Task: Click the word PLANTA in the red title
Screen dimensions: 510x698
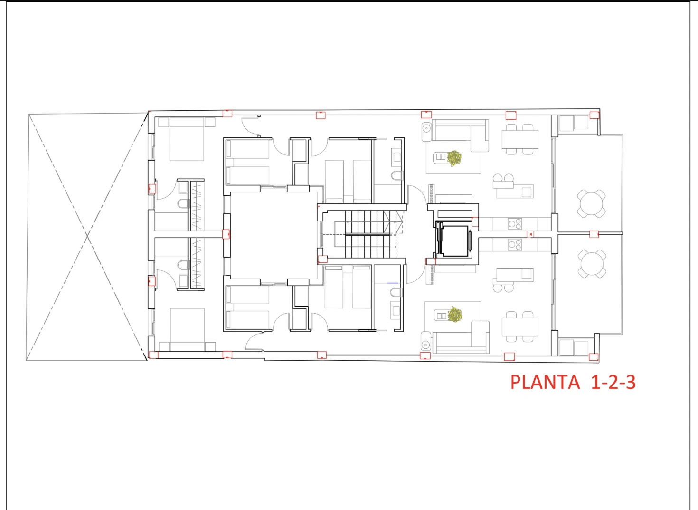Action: click(x=545, y=383)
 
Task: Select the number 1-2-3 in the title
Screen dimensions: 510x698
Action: click(x=613, y=383)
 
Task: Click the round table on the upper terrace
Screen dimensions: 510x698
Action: click(x=592, y=204)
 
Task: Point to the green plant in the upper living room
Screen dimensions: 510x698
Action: click(x=454, y=158)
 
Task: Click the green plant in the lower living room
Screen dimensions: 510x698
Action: click(x=455, y=314)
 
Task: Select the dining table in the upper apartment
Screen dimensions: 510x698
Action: click(x=520, y=139)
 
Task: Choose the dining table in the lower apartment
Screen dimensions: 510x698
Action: click(x=520, y=327)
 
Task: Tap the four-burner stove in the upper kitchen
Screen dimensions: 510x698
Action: click(x=515, y=223)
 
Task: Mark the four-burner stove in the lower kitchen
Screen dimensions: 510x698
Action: click(x=515, y=245)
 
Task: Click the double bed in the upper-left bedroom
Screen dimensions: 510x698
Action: click(x=187, y=139)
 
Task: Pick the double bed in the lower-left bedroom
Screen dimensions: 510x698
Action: click(x=187, y=329)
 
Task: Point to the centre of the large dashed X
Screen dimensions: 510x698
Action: click(x=87, y=236)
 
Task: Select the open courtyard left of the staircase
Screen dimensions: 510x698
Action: click(x=274, y=235)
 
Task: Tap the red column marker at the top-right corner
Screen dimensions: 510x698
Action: click(x=594, y=115)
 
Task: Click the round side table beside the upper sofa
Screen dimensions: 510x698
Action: click(x=426, y=128)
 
